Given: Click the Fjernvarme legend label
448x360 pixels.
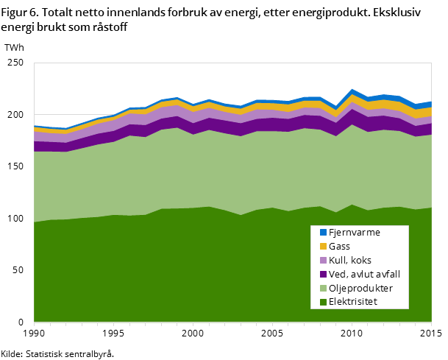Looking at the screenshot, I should pos(354,232).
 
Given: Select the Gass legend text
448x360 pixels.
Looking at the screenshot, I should pos(341,246).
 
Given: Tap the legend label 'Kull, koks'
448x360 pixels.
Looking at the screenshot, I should pos(350,260).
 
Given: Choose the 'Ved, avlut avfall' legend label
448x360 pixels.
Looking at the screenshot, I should pos(364,274).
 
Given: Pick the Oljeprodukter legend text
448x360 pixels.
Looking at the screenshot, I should pos(360,288).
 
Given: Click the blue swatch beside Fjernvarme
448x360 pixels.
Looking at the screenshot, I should pos(323,232).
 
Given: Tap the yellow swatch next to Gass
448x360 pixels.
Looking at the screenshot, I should pos(323,246).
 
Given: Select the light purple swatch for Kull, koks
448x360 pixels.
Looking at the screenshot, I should pos(323,260).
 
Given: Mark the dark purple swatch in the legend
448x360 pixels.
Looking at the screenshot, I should pos(323,274).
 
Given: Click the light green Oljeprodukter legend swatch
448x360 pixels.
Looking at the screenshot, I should pos(323,288).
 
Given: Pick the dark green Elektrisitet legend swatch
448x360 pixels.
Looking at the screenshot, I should pos(323,302).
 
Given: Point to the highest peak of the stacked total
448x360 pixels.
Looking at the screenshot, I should pos(353,90).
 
